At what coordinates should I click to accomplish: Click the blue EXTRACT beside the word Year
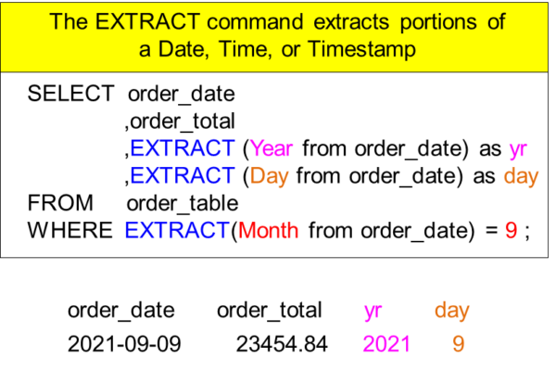(183, 148)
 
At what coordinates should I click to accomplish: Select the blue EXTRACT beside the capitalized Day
(183, 175)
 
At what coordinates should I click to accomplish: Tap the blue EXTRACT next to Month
(177, 230)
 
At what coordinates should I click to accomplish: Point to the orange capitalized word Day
(269, 175)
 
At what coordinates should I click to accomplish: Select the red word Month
(269, 230)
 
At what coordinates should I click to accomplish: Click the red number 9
(511, 230)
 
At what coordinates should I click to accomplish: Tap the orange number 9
(459, 344)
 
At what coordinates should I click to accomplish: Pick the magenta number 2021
(386, 344)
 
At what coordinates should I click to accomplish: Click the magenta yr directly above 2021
(373, 311)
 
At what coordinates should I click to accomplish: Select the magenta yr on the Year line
(518, 149)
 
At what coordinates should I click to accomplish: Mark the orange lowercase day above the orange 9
(451, 311)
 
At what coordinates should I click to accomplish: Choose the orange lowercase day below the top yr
(521, 176)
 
